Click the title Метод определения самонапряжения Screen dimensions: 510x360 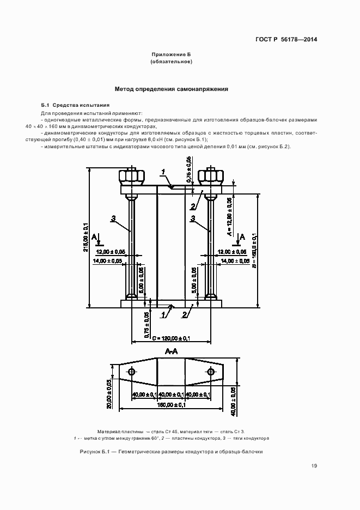click(x=171, y=89)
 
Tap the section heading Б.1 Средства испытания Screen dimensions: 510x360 click(x=76, y=105)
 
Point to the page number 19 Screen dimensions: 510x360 click(x=314, y=466)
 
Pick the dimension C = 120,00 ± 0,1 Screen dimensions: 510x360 click(x=171, y=338)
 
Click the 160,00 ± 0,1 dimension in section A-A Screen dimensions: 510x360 click(x=171, y=405)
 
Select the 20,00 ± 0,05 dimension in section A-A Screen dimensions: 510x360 click(x=109, y=394)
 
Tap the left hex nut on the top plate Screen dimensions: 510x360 click(x=131, y=176)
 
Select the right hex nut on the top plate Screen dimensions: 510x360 click(x=211, y=176)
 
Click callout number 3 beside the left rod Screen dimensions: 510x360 click(x=113, y=218)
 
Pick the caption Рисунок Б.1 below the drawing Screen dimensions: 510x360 click(x=171, y=452)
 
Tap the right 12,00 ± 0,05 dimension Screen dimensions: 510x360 click(x=233, y=252)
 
